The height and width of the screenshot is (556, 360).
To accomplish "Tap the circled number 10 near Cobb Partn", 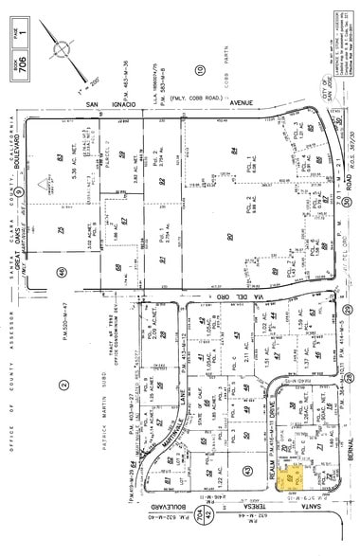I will pyautogui.click(x=199, y=70).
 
